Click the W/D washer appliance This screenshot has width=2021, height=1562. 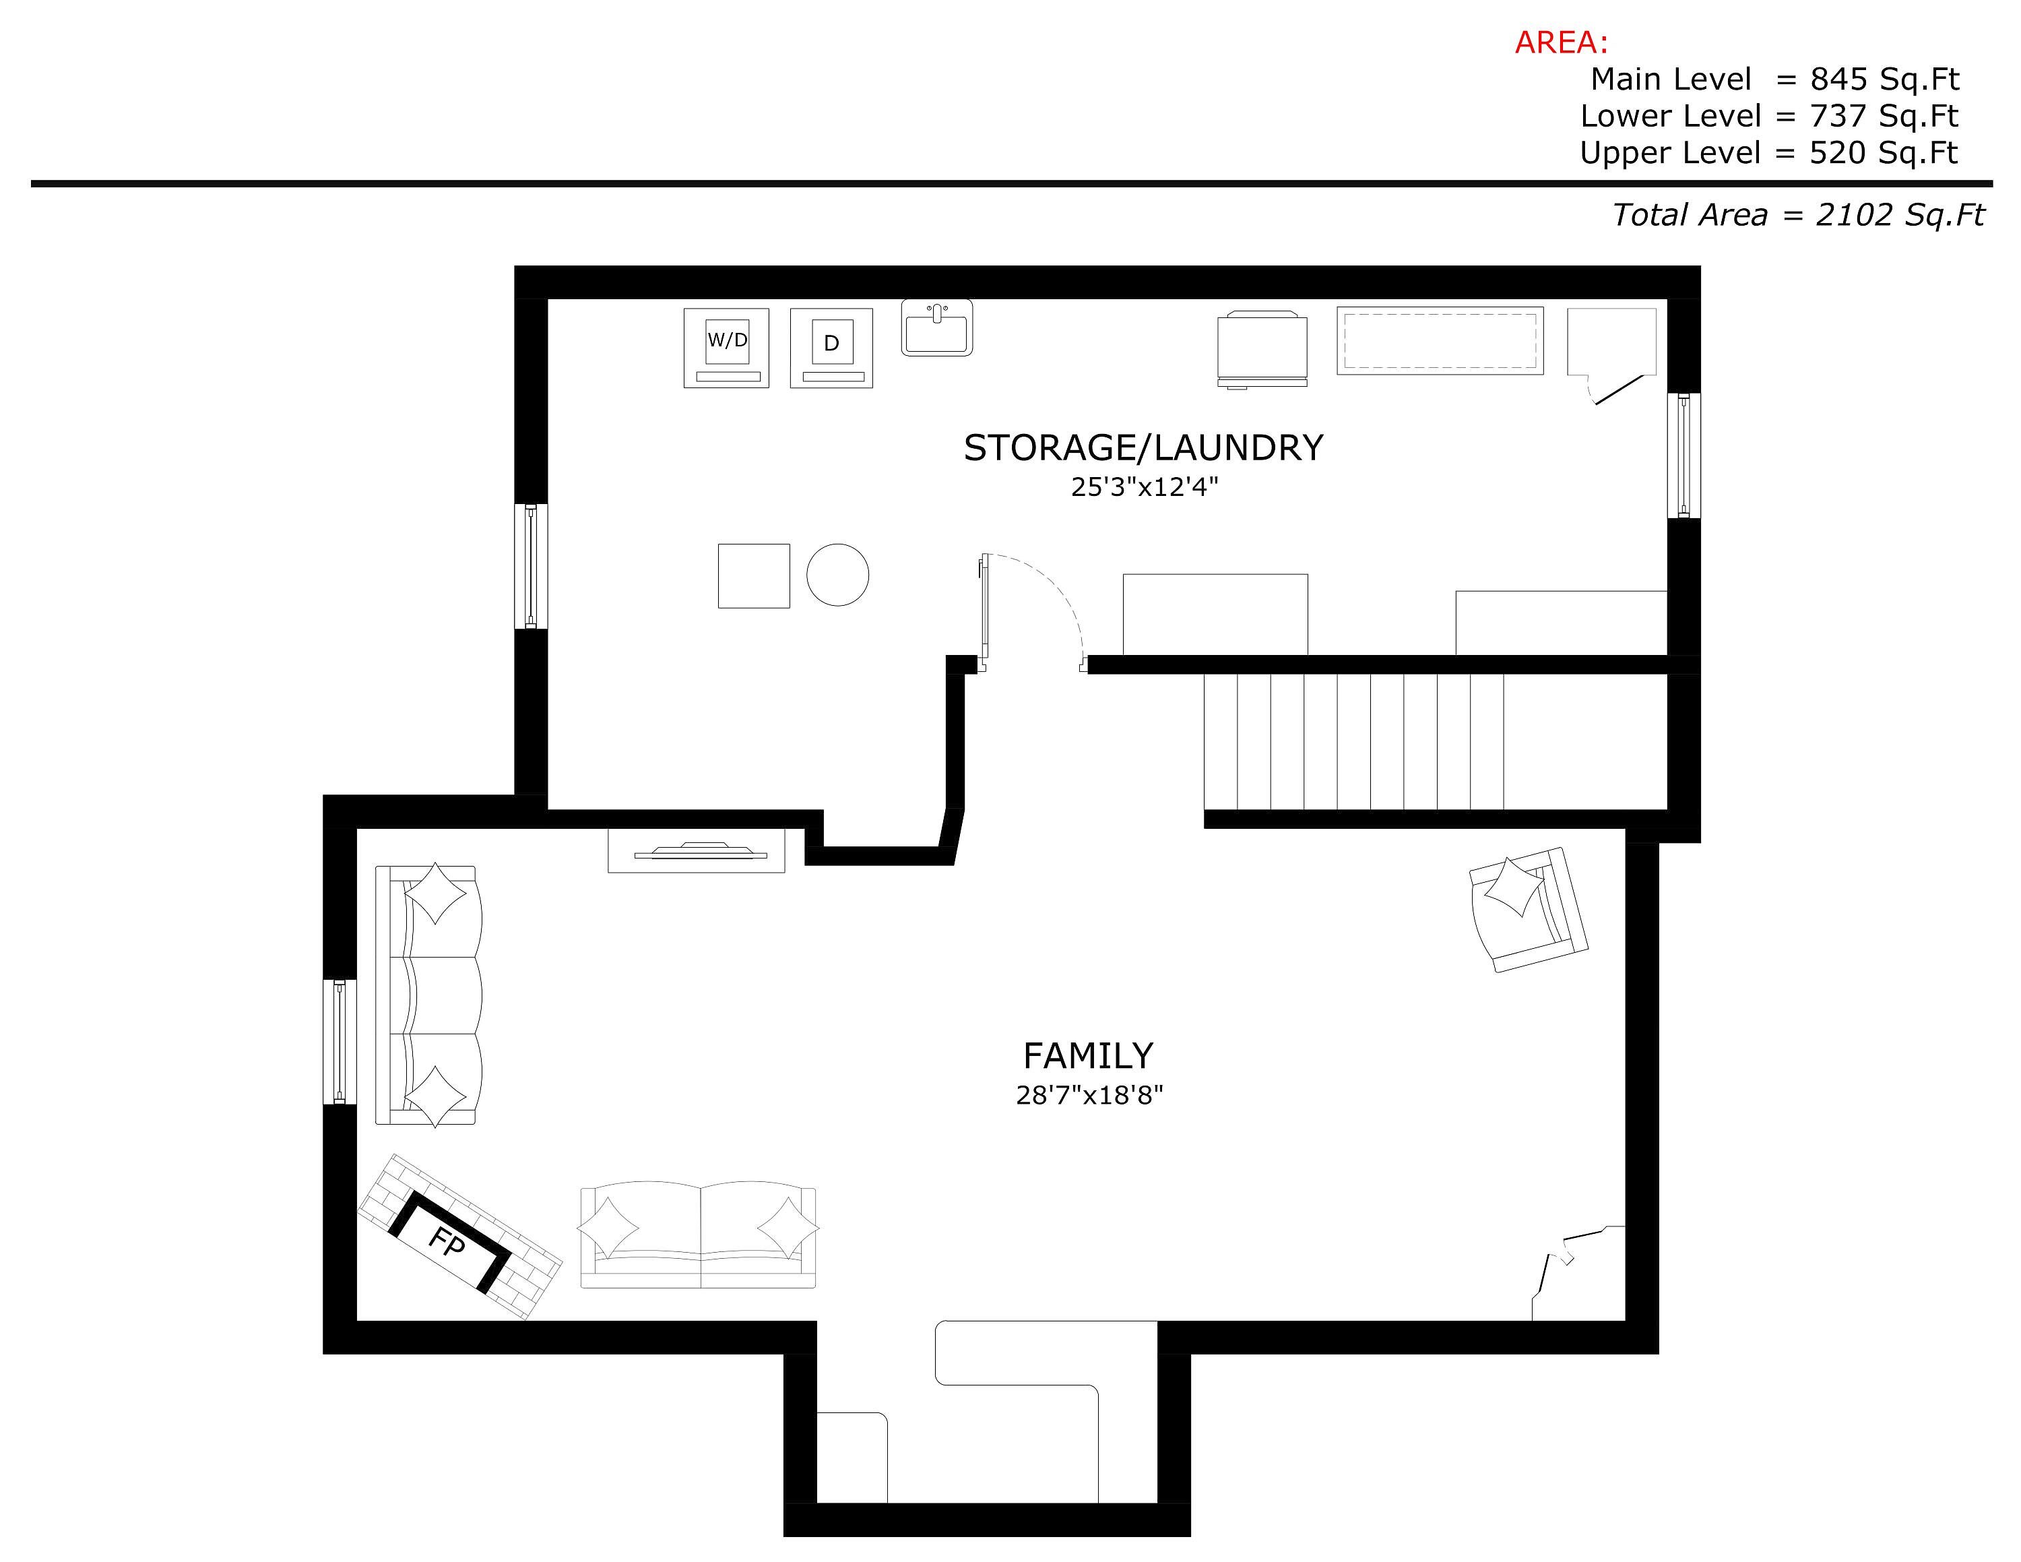point(726,348)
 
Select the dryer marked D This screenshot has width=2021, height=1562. point(832,348)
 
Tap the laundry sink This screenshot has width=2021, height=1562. point(937,327)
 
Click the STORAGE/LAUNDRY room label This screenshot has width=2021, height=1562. point(1144,448)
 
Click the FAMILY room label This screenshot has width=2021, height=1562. point(1088,1056)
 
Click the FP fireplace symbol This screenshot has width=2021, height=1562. point(460,1237)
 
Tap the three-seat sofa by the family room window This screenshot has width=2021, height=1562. point(428,995)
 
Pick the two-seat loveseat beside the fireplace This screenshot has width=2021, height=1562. point(699,1235)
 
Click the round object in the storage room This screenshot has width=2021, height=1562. point(837,575)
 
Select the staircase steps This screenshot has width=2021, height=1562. point(1354,742)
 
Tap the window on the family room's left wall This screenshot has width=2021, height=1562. point(340,1042)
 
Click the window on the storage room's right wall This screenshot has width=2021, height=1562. point(1684,456)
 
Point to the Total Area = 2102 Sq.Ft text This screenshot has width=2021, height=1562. point(1798,215)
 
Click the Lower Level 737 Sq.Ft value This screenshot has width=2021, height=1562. point(1884,117)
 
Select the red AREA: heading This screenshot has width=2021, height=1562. point(1561,42)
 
